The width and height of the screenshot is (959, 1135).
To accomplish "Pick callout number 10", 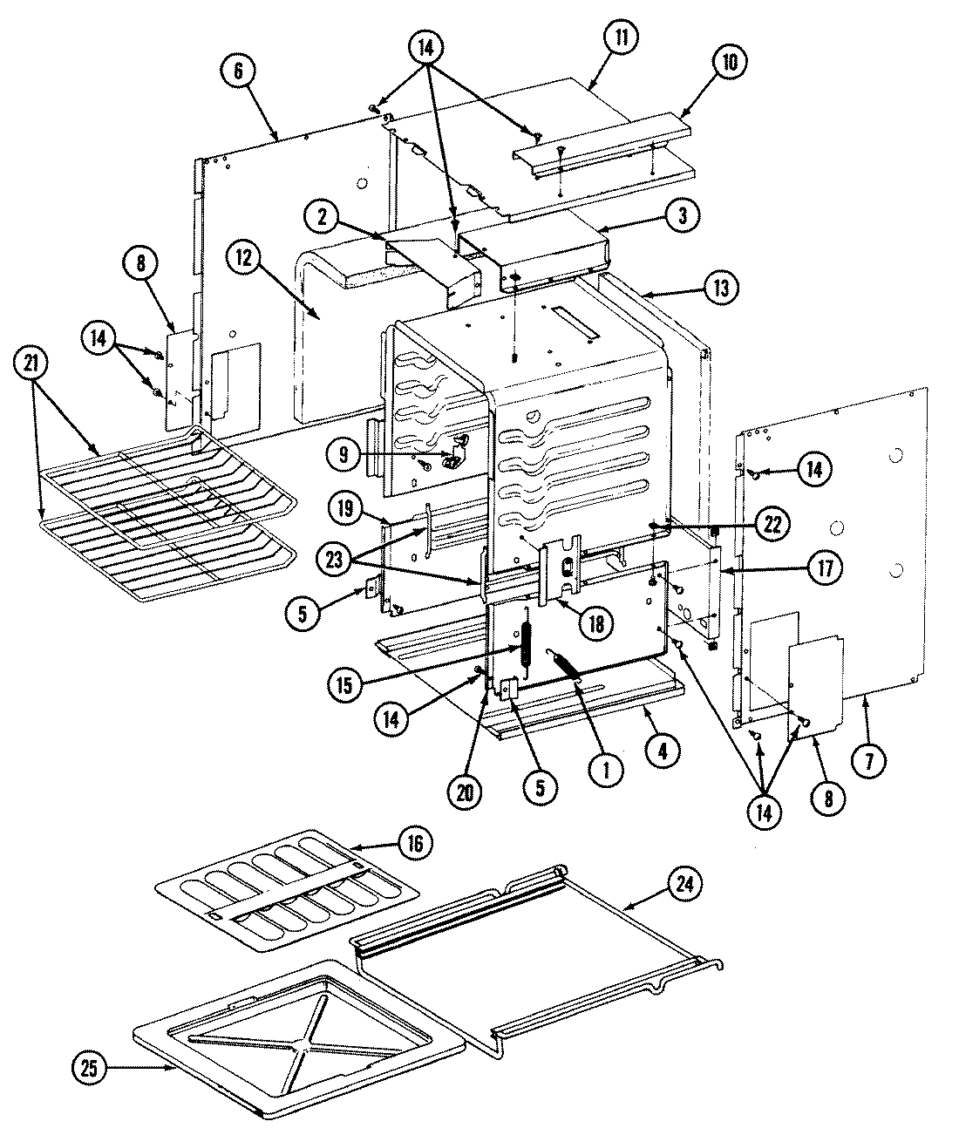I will pos(729,62).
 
